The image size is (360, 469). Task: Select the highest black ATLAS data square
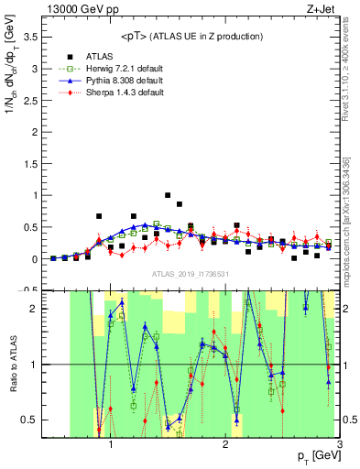(x=168, y=195)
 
